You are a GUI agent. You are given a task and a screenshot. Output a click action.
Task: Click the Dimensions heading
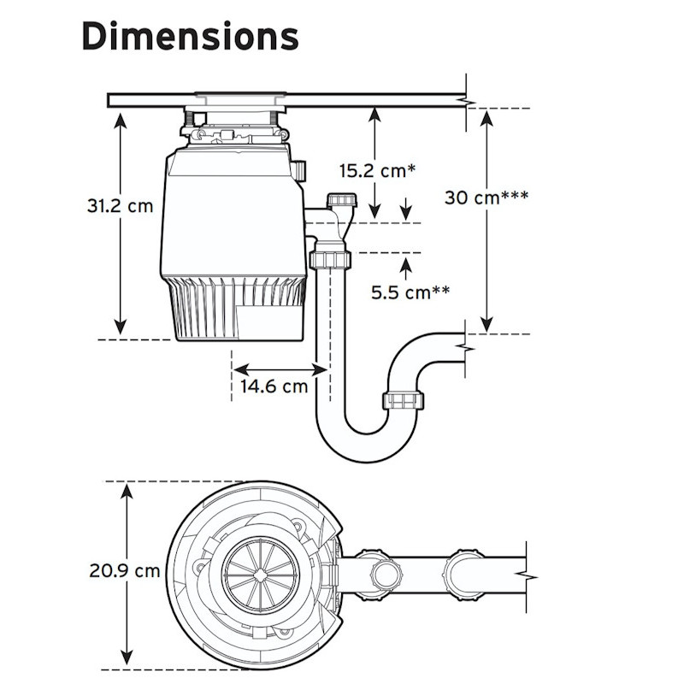(x=190, y=36)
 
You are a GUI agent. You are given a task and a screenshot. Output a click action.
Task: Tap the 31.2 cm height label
(x=121, y=206)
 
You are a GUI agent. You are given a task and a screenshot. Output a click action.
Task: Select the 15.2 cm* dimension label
(x=377, y=170)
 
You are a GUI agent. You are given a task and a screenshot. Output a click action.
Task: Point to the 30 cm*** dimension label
(x=486, y=197)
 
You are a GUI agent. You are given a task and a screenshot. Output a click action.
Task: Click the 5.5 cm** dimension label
(x=410, y=292)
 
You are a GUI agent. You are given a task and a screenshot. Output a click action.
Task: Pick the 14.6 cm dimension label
(x=274, y=386)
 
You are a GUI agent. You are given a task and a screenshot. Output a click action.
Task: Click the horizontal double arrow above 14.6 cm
(x=280, y=369)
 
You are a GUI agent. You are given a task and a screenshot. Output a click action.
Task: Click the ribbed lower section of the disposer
(x=239, y=308)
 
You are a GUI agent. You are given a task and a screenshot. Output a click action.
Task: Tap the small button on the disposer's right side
(x=299, y=170)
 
